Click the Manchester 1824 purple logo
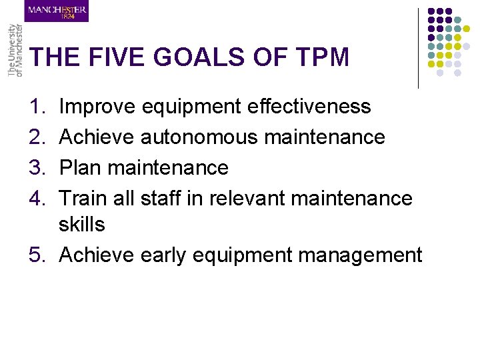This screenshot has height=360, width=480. (x=57, y=11)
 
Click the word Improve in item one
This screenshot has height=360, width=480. (x=97, y=107)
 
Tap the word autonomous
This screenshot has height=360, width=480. (x=199, y=137)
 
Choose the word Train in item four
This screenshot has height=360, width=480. (x=81, y=198)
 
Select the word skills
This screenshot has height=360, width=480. (x=82, y=225)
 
